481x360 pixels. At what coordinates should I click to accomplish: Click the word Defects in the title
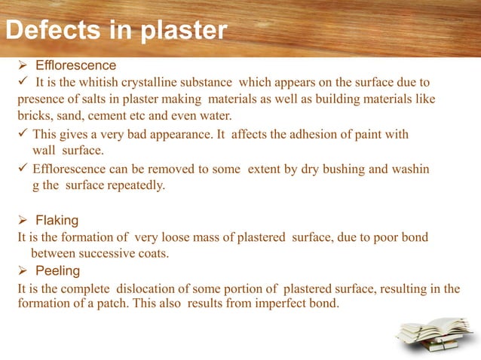[x=49, y=31]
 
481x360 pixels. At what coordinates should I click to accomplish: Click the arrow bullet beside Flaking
[x=23, y=220]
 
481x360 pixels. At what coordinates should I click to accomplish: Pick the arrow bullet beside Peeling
[x=23, y=270]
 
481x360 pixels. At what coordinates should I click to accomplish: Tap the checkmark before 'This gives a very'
[x=23, y=135]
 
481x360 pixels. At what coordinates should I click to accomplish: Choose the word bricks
[x=34, y=116]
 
